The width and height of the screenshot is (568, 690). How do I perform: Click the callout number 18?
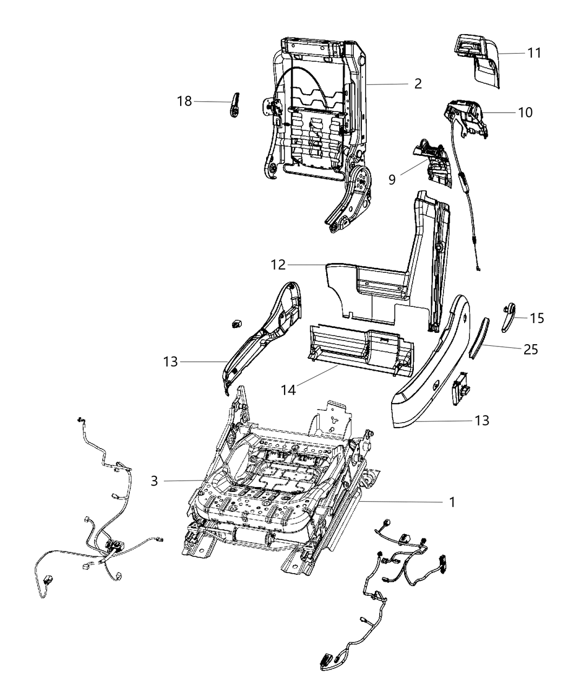(184, 101)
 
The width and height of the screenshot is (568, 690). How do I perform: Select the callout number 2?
(418, 83)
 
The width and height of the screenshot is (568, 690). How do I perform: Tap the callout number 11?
(534, 53)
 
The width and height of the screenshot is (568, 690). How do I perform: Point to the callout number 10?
(525, 113)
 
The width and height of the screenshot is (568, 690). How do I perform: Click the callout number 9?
(392, 179)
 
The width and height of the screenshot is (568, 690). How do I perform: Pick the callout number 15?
(537, 318)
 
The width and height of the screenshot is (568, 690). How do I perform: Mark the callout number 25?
(531, 350)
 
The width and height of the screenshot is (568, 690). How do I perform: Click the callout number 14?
(288, 389)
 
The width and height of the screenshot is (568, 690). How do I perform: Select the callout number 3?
(155, 481)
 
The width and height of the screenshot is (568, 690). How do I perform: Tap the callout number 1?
(452, 502)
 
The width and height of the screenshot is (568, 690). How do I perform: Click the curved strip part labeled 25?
(478, 338)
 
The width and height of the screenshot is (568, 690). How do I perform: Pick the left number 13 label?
(170, 362)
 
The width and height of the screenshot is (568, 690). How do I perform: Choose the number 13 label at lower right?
(481, 420)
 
